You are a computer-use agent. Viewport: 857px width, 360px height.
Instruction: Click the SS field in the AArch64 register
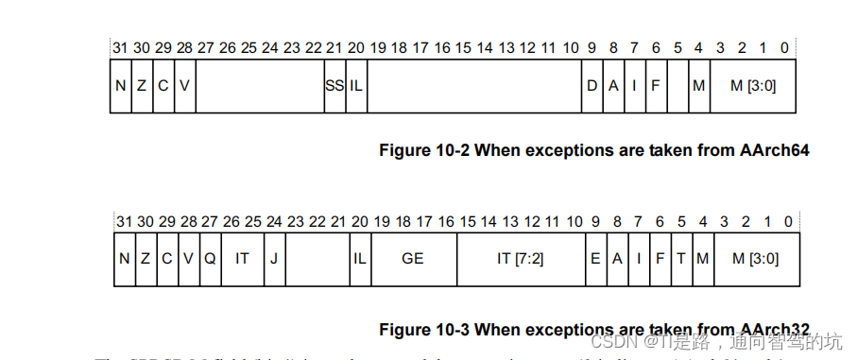(x=334, y=85)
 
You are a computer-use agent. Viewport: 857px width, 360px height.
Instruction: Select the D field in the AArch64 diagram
(x=592, y=85)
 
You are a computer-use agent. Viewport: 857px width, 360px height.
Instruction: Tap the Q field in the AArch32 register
(x=210, y=257)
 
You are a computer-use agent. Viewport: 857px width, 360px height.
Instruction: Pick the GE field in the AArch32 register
(x=413, y=257)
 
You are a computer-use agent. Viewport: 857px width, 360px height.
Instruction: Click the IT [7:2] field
(x=520, y=257)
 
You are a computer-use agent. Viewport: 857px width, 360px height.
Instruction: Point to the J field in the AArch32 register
(x=274, y=257)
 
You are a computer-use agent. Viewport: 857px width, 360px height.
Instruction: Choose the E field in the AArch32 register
(x=595, y=257)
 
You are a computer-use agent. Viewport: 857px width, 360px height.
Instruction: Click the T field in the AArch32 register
(x=681, y=257)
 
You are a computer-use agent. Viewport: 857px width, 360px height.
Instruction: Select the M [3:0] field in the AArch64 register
(x=754, y=85)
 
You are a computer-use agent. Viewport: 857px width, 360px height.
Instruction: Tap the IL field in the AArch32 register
(x=359, y=257)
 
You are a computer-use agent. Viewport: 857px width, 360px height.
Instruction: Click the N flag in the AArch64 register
(x=121, y=85)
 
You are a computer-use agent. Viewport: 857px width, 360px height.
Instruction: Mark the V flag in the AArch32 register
(x=188, y=257)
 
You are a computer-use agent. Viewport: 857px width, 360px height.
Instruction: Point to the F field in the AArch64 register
(x=655, y=85)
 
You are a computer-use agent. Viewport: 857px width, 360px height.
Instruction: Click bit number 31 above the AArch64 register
(x=120, y=48)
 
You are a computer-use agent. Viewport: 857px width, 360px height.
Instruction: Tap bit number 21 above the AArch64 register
(x=334, y=48)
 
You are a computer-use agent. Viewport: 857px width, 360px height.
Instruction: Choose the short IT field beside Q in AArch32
(x=242, y=257)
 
